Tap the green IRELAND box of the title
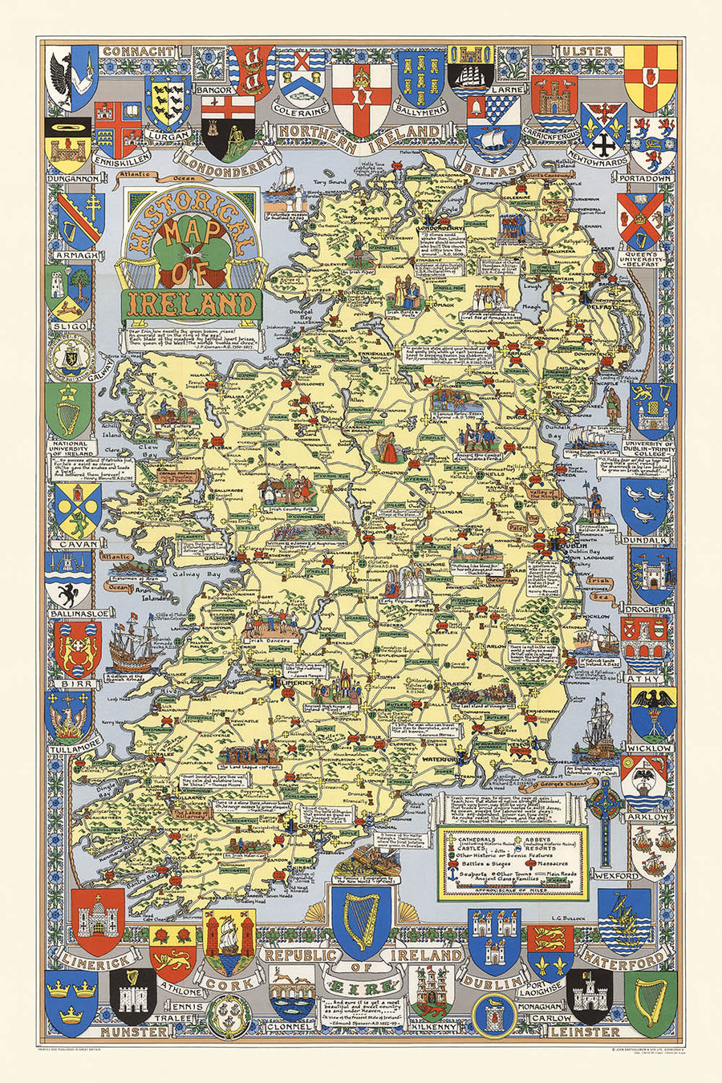pyautogui.click(x=190, y=303)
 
